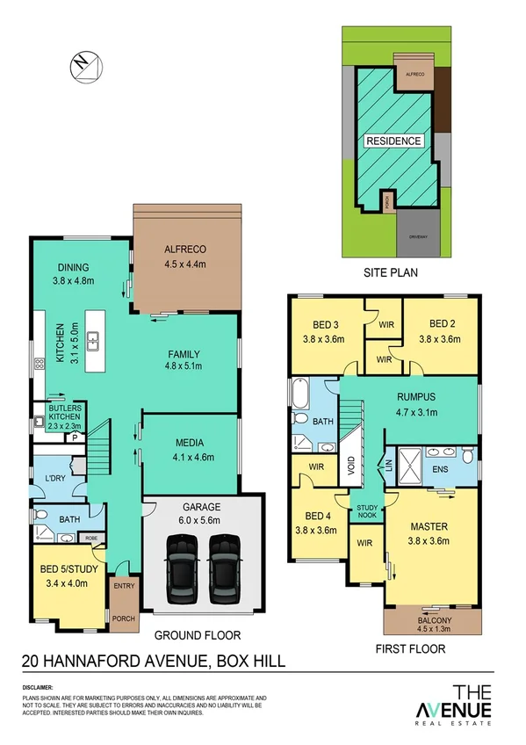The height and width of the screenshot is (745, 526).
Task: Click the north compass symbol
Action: coord(83,66)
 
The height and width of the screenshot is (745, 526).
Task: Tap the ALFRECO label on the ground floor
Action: coord(184,248)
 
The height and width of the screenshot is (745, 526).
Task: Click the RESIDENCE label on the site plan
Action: coord(393,141)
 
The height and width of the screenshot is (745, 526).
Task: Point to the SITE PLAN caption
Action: coord(391,273)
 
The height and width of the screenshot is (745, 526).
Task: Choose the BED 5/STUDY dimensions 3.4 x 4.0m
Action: coord(65,582)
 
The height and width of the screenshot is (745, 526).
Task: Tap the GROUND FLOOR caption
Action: coord(198,635)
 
